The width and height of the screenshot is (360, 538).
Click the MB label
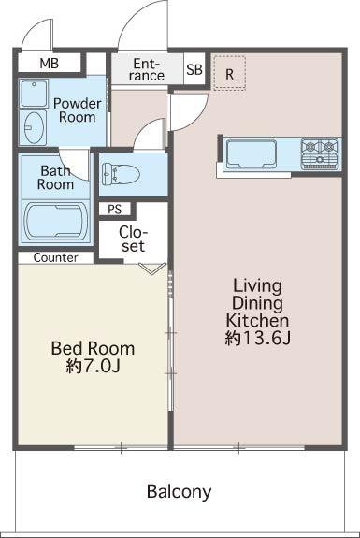click(x=50, y=64)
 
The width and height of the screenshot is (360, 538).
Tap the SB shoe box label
click(x=194, y=69)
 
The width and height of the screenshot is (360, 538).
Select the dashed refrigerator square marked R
click(x=229, y=73)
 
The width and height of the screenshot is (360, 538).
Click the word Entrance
click(x=147, y=69)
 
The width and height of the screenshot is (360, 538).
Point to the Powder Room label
click(x=77, y=110)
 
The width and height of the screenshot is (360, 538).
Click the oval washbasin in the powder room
click(x=34, y=127)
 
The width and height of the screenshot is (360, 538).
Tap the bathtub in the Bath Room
click(x=56, y=221)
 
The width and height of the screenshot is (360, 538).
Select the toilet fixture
click(x=121, y=174)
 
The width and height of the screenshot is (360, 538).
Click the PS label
click(x=115, y=209)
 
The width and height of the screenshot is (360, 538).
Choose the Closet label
click(x=133, y=240)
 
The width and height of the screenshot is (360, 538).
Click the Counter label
click(x=55, y=257)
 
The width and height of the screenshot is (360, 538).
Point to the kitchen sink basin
click(x=252, y=154)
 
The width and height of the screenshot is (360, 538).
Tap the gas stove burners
click(x=320, y=153)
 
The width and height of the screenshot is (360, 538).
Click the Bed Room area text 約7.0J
click(x=93, y=366)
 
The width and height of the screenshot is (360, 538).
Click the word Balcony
click(x=179, y=492)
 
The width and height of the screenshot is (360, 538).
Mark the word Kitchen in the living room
click(x=257, y=321)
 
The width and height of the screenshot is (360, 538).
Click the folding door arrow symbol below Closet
click(x=152, y=269)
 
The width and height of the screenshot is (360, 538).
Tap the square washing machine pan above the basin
click(x=34, y=94)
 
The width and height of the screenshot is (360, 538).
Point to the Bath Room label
click(x=55, y=178)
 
